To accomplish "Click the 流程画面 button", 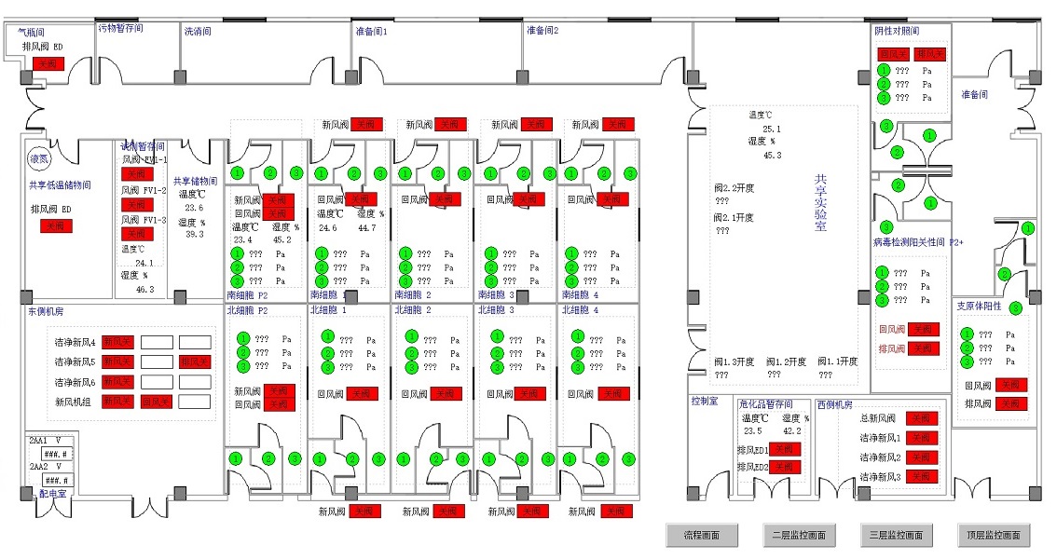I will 702,535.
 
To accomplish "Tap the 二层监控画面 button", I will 799,535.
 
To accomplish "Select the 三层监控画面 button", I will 896,535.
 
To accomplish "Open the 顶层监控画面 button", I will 994,535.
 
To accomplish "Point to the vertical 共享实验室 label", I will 820,202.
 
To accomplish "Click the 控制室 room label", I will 704,402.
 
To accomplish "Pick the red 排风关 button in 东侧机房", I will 195,361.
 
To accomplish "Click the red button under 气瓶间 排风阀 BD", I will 48,64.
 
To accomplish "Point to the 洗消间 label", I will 199,31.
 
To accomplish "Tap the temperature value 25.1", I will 772,130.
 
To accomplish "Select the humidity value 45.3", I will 772,156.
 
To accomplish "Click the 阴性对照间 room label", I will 897,31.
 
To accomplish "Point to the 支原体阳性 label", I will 979,306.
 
